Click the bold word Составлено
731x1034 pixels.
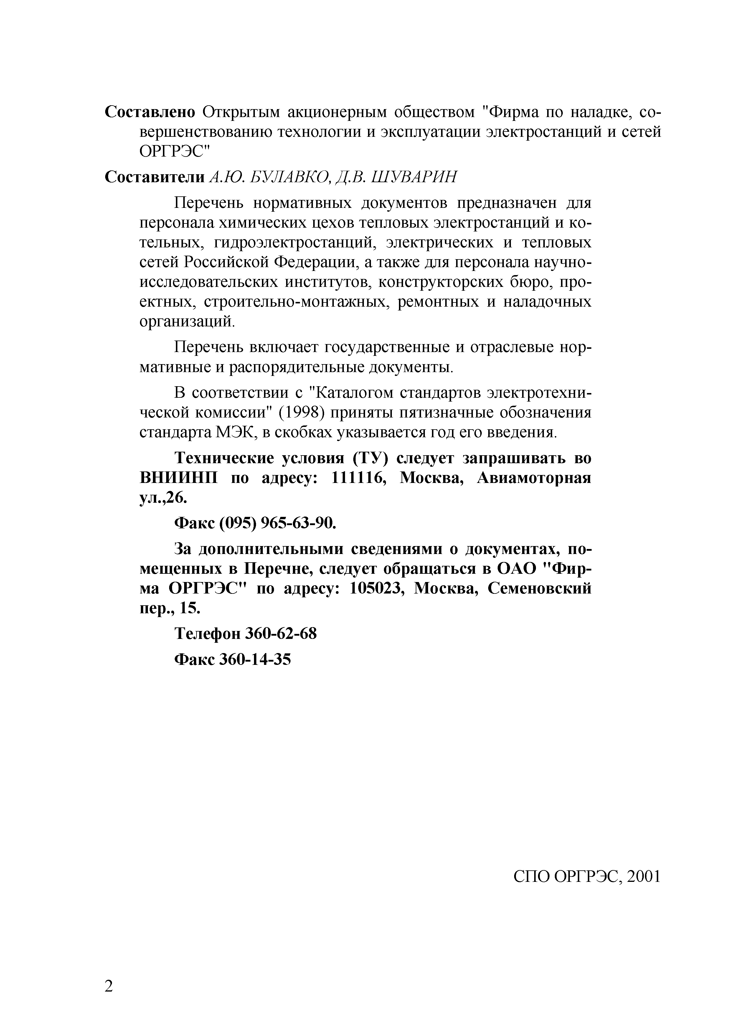(150, 112)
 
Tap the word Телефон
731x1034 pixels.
(207, 634)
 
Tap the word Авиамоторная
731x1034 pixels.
(534, 478)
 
